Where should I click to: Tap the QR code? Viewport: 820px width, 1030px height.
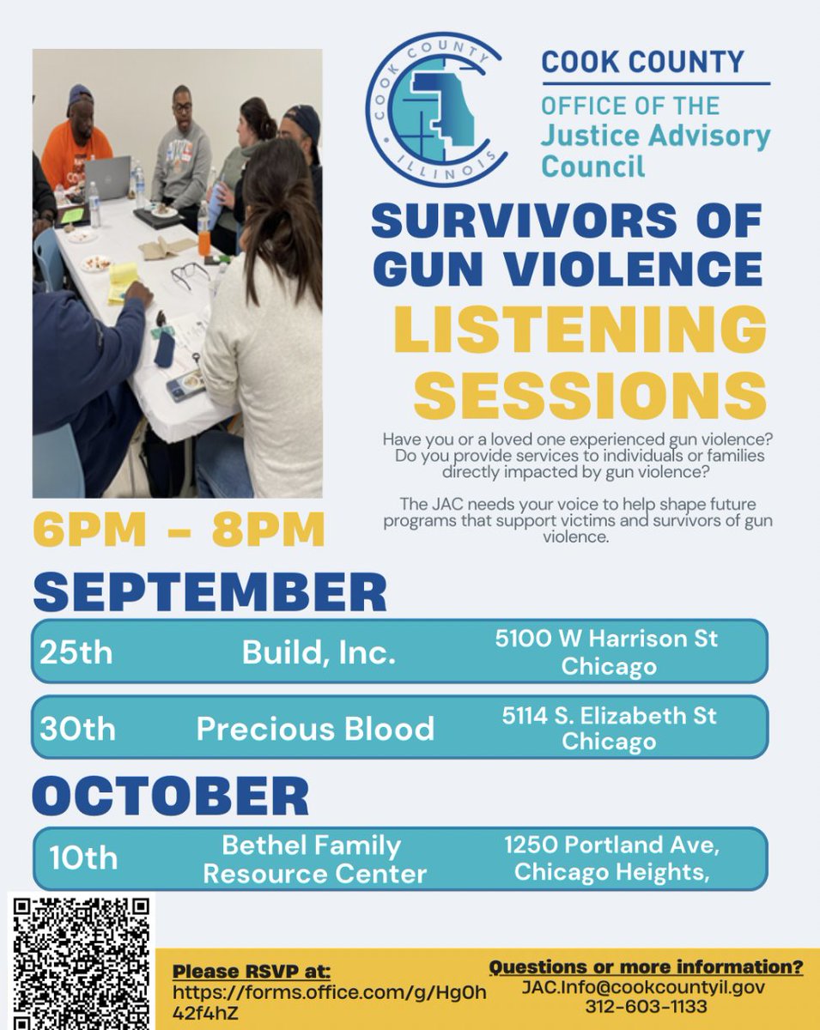pyautogui.click(x=82, y=961)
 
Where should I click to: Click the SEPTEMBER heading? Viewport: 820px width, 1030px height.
pyautogui.click(x=210, y=592)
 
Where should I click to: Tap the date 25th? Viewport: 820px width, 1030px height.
pyautogui.click(x=76, y=653)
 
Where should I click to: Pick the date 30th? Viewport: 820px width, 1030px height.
pyautogui.click(x=77, y=729)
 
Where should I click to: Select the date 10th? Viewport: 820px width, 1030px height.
pyautogui.click(x=83, y=857)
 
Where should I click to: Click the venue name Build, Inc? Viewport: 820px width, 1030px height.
pyautogui.click(x=319, y=653)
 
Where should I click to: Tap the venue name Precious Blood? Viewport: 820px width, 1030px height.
pyautogui.click(x=315, y=729)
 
